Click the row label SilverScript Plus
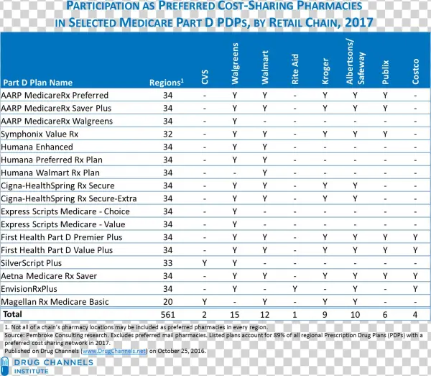tap(31, 263)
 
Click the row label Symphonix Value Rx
tap(40, 134)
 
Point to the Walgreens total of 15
tap(234, 315)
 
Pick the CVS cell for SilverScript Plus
tap(205, 263)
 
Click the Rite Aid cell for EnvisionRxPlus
tap(295, 289)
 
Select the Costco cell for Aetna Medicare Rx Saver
tap(415, 276)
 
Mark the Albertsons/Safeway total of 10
tap(355, 315)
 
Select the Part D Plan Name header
tap(37, 83)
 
